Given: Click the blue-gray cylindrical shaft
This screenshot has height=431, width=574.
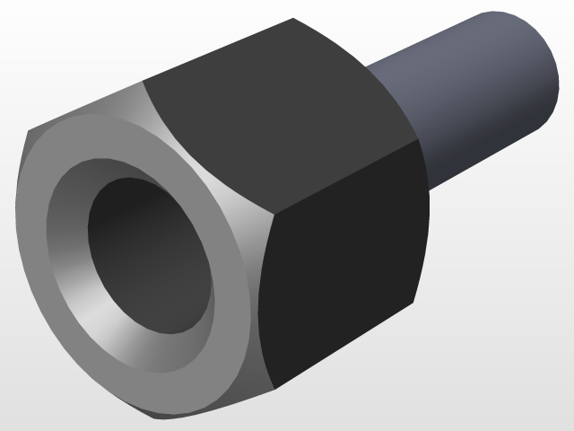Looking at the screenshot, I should (466, 99).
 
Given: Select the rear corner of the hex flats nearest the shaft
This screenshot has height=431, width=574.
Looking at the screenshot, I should (415, 142).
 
